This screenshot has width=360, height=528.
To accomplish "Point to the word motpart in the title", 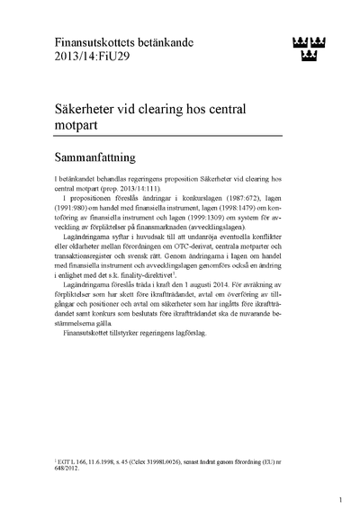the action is point(77,127).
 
